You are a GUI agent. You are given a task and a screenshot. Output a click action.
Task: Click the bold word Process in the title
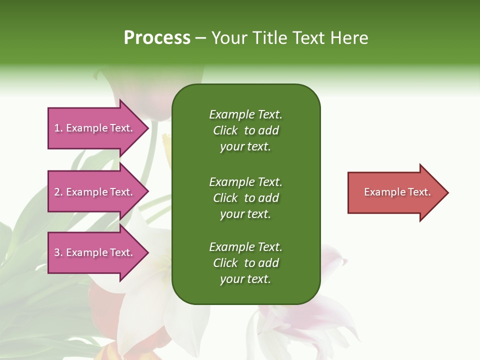157,38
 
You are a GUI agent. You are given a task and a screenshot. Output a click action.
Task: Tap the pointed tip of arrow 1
147,128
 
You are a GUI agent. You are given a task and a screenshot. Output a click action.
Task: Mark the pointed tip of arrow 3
147,252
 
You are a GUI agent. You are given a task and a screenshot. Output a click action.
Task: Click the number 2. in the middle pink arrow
58,192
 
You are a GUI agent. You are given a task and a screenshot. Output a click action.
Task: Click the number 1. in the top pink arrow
58,128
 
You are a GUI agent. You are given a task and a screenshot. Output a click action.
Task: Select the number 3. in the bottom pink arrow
58,252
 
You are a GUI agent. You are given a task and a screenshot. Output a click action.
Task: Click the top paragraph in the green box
245,130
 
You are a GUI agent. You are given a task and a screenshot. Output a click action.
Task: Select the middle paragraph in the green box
245,198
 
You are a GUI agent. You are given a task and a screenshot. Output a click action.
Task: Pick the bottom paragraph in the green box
245,263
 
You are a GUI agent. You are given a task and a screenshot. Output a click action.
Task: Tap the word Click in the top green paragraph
225,130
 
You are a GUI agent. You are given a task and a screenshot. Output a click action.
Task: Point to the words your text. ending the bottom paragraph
245,279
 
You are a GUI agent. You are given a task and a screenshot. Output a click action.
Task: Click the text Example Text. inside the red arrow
397,192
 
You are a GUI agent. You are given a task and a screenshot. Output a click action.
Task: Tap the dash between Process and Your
200,38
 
